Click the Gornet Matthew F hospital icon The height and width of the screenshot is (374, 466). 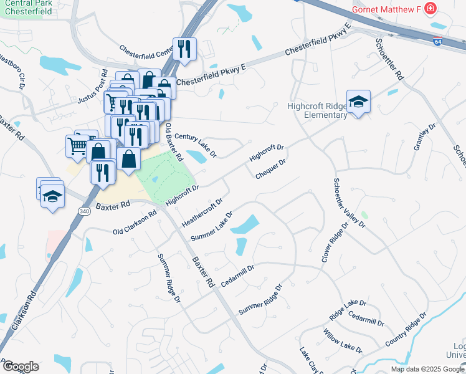(x=430, y=9)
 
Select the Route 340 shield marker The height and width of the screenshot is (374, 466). (x=83, y=212)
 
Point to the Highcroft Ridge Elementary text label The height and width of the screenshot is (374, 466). (x=317, y=110)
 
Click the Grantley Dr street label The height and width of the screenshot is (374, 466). (x=423, y=137)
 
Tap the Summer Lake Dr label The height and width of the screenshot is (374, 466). (x=212, y=226)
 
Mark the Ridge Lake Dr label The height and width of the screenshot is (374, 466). (x=348, y=310)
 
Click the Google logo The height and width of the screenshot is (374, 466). (x=20, y=367)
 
